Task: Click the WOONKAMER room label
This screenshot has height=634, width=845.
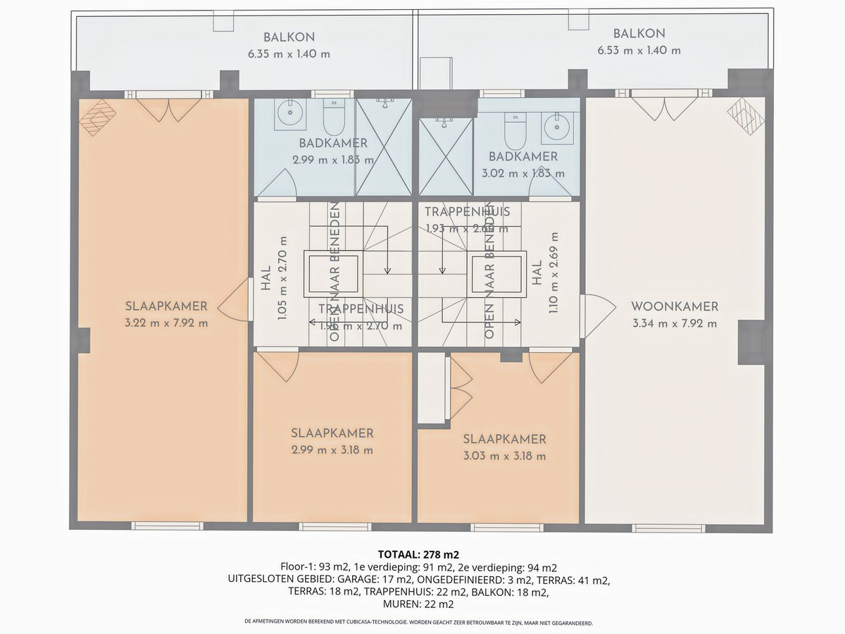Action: point(675,306)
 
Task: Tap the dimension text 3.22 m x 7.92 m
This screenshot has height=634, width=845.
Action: point(166,323)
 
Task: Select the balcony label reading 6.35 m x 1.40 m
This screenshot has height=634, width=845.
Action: point(289,53)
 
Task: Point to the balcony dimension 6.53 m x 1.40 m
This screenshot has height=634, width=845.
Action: point(639,50)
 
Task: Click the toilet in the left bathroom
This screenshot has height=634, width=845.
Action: point(332,116)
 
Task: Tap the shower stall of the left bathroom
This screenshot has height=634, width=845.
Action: point(383,147)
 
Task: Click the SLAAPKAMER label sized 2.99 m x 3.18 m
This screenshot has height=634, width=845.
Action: point(332,433)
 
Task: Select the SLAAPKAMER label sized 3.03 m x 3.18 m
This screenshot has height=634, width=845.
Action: point(504,439)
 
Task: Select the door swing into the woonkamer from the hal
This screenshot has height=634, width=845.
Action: point(595,307)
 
